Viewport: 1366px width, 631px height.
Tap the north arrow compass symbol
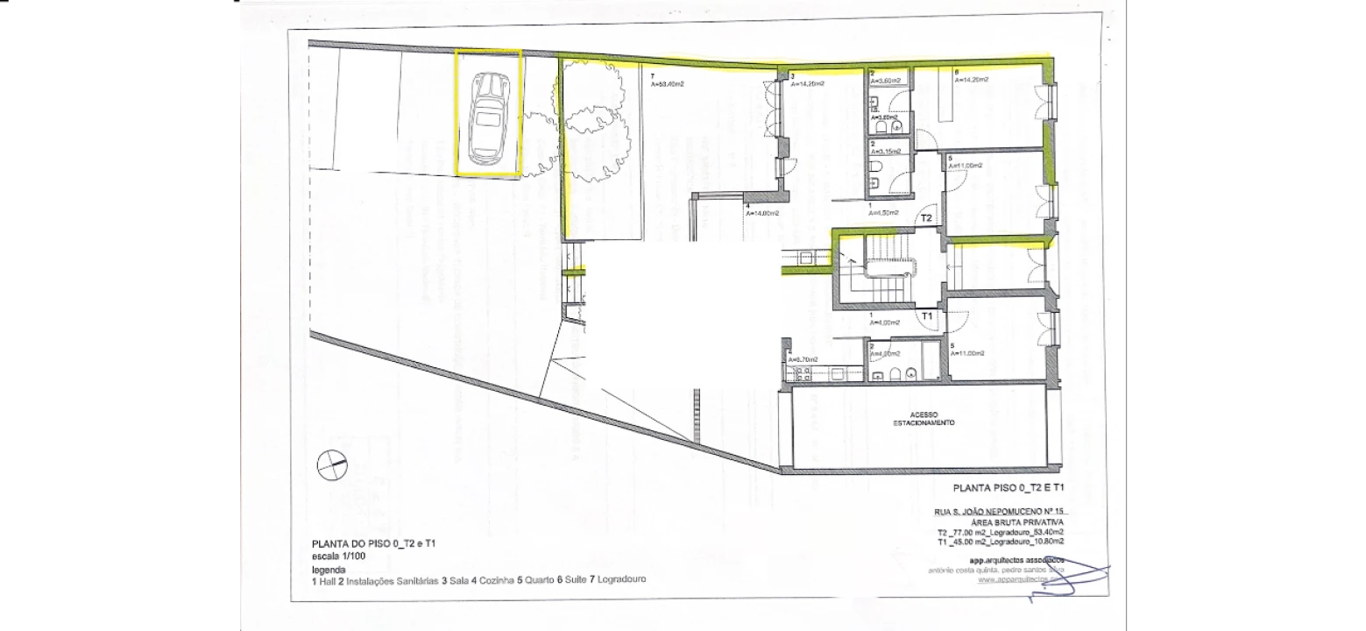pyautogui.click(x=333, y=464)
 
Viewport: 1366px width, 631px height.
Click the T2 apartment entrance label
pyautogui.click(x=925, y=218)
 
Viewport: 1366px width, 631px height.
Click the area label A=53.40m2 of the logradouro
pyautogui.click(x=667, y=85)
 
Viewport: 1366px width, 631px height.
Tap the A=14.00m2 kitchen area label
pyautogui.click(x=761, y=213)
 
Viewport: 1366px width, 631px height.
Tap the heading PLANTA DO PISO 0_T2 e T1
pyautogui.click(x=374, y=544)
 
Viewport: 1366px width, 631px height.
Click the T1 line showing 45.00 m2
pyautogui.click(x=999, y=541)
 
